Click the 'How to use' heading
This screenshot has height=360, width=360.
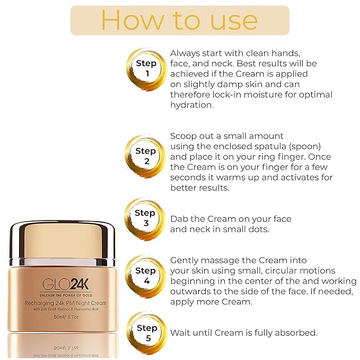pos(179,20)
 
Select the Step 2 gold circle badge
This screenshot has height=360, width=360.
pos(145,156)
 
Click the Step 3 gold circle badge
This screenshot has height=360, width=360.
pos(145,218)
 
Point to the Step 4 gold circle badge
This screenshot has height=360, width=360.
pos(145,275)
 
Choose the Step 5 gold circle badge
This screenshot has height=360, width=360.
pos(145,333)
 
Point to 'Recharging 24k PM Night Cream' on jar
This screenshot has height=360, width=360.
pos(62,302)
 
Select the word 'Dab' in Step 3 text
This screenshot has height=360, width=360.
pos(179,219)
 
